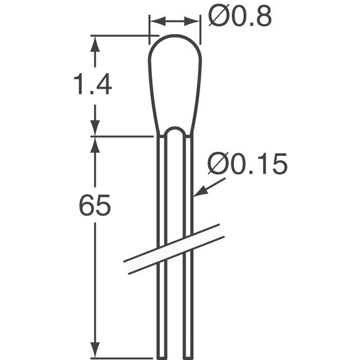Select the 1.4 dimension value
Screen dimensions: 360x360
(92, 85)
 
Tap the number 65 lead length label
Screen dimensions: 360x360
(94, 206)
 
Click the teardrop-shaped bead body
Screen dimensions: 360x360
(174, 84)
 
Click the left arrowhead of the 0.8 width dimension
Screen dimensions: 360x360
(155, 21)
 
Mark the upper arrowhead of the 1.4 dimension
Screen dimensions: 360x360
(94, 43)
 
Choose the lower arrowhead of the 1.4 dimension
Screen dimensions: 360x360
(94, 128)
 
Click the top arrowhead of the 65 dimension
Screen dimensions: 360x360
(94, 143)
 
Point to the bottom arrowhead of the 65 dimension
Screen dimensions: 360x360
(94, 350)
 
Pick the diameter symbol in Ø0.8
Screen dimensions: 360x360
(217, 17)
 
